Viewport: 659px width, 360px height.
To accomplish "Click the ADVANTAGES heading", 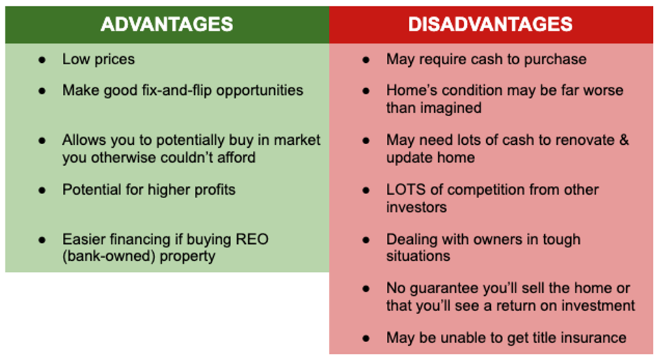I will (167, 25).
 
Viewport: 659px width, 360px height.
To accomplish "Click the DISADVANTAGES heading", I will (490, 25).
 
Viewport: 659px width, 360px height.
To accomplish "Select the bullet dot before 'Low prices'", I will (42, 59).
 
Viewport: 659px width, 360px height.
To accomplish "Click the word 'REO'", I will (252, 240).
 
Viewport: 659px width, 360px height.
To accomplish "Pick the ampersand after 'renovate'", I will (621, 140).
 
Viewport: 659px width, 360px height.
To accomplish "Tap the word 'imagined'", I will (452, 108).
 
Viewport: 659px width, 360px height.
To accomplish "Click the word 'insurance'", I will (591, 337).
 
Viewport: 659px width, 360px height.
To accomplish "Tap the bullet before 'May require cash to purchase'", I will (366, 59).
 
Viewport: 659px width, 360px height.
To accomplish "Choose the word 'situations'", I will (418, 256).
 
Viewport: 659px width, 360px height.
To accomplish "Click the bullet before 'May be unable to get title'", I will (366, 337).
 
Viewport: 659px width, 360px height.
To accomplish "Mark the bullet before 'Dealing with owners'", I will (366, 240).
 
